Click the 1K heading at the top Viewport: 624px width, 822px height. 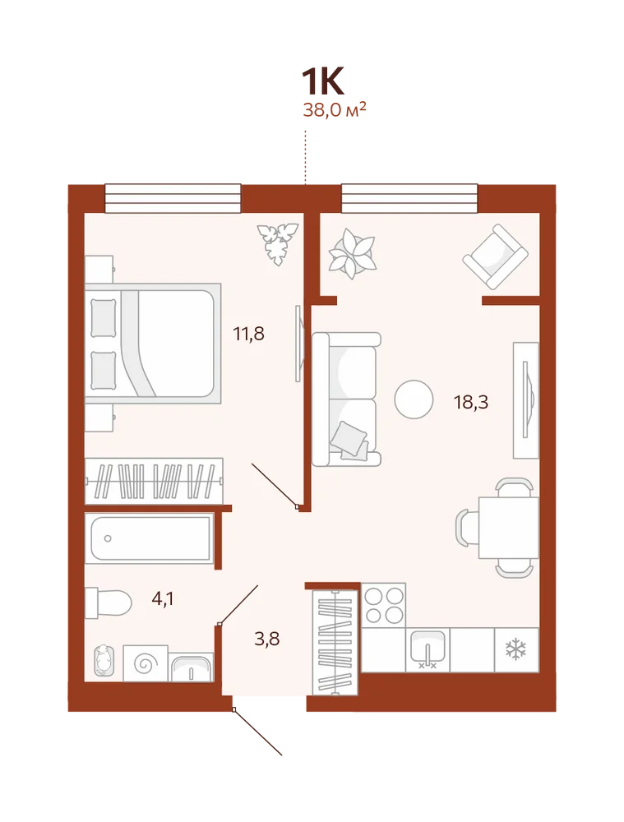pos(322,81)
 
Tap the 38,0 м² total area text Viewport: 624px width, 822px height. pos(334,111)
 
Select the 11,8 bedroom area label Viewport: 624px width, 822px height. pos(248,334)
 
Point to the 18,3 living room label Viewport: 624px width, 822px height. pos(471,402)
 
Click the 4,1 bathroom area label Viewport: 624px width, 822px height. pos(163,598)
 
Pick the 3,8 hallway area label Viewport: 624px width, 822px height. pos(267,639)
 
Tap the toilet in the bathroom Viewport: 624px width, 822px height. pos(108,603)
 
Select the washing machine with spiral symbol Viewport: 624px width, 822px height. pos(146,663)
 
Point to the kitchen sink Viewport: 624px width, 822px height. pos(428,649)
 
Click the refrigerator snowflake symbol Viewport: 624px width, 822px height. pos(516,649)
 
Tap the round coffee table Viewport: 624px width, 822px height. pos(414,399)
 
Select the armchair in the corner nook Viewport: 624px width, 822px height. pos(495,256)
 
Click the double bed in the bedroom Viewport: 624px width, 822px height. pos(153,344)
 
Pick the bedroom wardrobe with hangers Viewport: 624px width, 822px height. pos(155,481)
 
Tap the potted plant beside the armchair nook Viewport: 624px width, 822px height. pos(353,254)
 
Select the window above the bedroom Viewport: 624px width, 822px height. pos(173,198)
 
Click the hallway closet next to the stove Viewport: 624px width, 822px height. pos(335,642)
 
